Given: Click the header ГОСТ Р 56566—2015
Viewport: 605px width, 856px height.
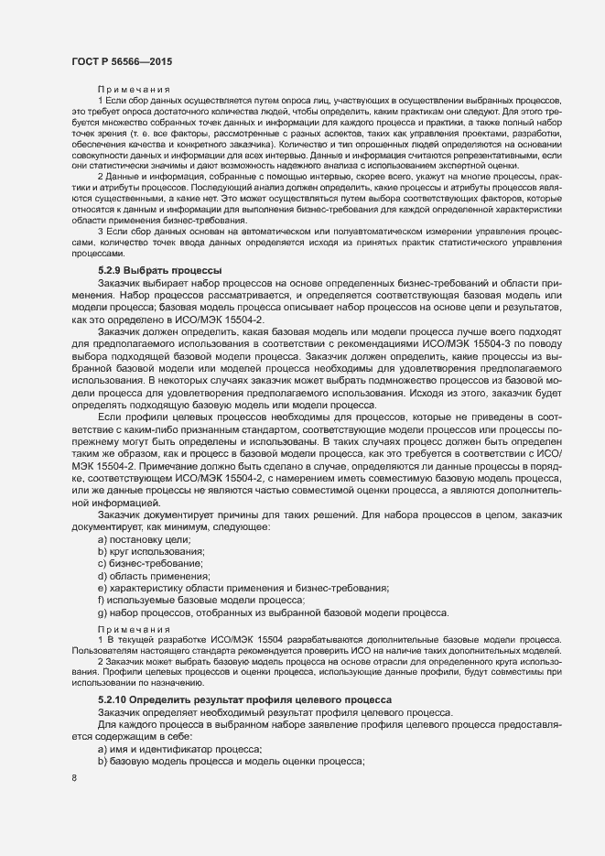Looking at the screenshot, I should click(x=122, y=60).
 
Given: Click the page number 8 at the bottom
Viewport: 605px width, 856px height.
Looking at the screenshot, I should click(x=73, y=779).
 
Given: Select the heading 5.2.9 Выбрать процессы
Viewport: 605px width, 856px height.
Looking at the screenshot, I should click(x=160, y=271).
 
